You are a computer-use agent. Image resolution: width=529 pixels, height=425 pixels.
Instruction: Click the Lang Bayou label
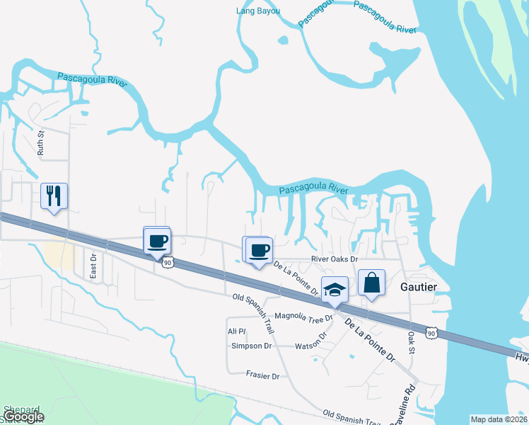tap(257, 11)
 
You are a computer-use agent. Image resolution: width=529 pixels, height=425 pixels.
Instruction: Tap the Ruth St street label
tap(41, 142)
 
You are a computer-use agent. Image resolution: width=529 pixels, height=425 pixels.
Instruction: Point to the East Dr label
tap(93, 266)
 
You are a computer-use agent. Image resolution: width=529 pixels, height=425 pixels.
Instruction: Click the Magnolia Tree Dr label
tap(303, 315)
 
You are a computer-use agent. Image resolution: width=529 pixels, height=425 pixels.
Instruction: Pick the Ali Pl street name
tap(236, 331)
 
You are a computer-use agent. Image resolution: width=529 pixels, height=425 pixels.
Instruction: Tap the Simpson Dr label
tap(251, 346)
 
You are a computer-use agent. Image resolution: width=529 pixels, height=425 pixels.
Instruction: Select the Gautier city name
tap(419, 287)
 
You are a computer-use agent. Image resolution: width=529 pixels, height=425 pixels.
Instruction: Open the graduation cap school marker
tap(335, 289)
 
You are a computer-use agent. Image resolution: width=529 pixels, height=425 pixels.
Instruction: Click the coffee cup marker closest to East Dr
tap(157, 240)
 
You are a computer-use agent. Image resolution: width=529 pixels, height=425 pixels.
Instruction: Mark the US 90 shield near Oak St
tap(431, 332)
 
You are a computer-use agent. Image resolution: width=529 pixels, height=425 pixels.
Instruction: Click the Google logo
tap(23, 417)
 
